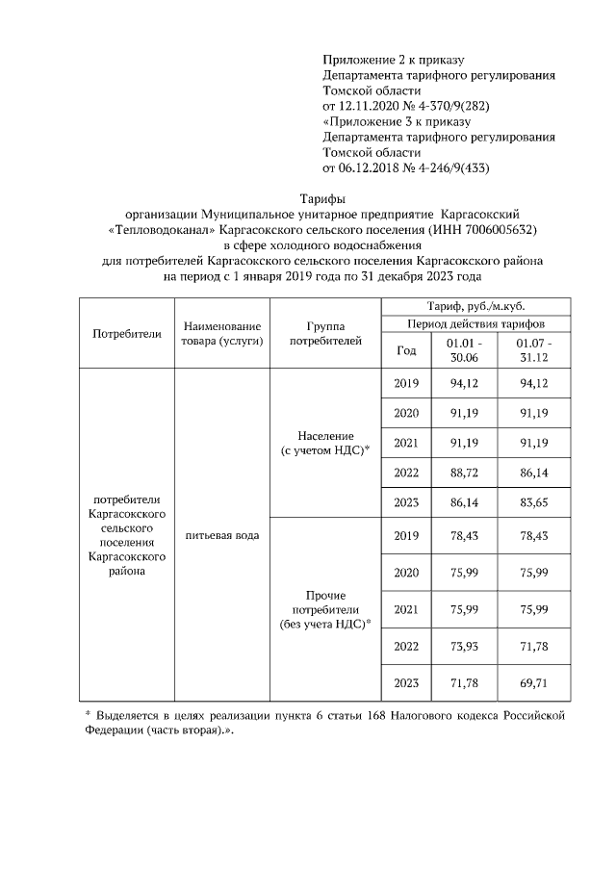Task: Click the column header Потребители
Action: click(126, 333)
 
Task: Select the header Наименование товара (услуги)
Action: click(221, 333)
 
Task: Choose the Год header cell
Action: click(406, 350)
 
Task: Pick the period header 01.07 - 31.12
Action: click(533, 349)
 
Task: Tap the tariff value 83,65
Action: click(533, 501)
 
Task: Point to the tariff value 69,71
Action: click(533, 682)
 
